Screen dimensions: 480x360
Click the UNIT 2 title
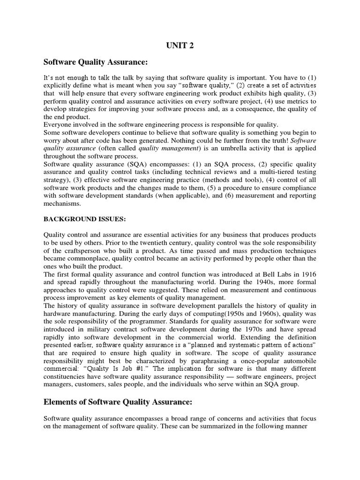pyautogui.click(x=179, y=46)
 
